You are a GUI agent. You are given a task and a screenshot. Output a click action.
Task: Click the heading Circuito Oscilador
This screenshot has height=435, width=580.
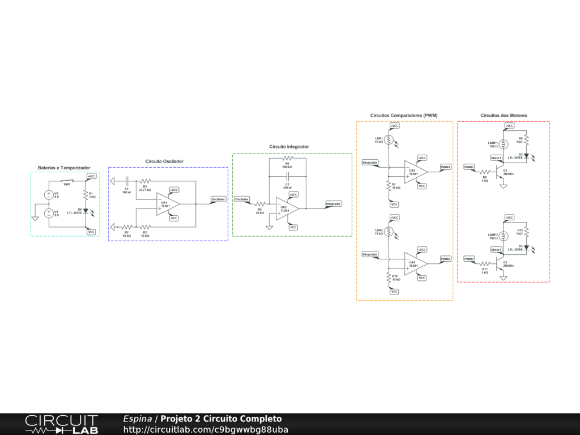point(164,161)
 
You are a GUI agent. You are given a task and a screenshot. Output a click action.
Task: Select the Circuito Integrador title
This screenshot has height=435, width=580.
point(289,147)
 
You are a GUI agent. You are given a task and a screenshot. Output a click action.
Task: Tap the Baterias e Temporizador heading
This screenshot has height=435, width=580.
point(64,168)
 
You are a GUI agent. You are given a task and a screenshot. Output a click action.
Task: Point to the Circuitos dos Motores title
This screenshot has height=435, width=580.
point(504,116)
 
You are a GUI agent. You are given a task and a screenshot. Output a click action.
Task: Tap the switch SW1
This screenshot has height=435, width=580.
point(67,181)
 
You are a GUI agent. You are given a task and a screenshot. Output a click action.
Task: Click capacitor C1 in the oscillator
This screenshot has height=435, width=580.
point(127,181)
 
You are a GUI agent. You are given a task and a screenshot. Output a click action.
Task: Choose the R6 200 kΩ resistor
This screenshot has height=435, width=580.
point(287,159)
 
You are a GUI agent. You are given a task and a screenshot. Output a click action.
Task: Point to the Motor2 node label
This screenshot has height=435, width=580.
point(496,250)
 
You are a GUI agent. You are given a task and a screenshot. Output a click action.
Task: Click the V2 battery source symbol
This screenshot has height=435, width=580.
point(49,195)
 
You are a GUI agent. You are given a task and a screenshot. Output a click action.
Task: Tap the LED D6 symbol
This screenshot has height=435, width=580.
point(86,211)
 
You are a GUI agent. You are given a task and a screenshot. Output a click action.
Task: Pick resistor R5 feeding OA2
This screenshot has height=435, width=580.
point(260,204)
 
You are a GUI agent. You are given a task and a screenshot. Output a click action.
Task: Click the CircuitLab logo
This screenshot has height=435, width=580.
point(61,424)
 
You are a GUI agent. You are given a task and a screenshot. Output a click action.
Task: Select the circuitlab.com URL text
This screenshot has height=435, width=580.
point(206,430)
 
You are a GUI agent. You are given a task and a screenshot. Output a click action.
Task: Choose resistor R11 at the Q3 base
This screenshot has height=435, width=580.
point(485,263)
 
